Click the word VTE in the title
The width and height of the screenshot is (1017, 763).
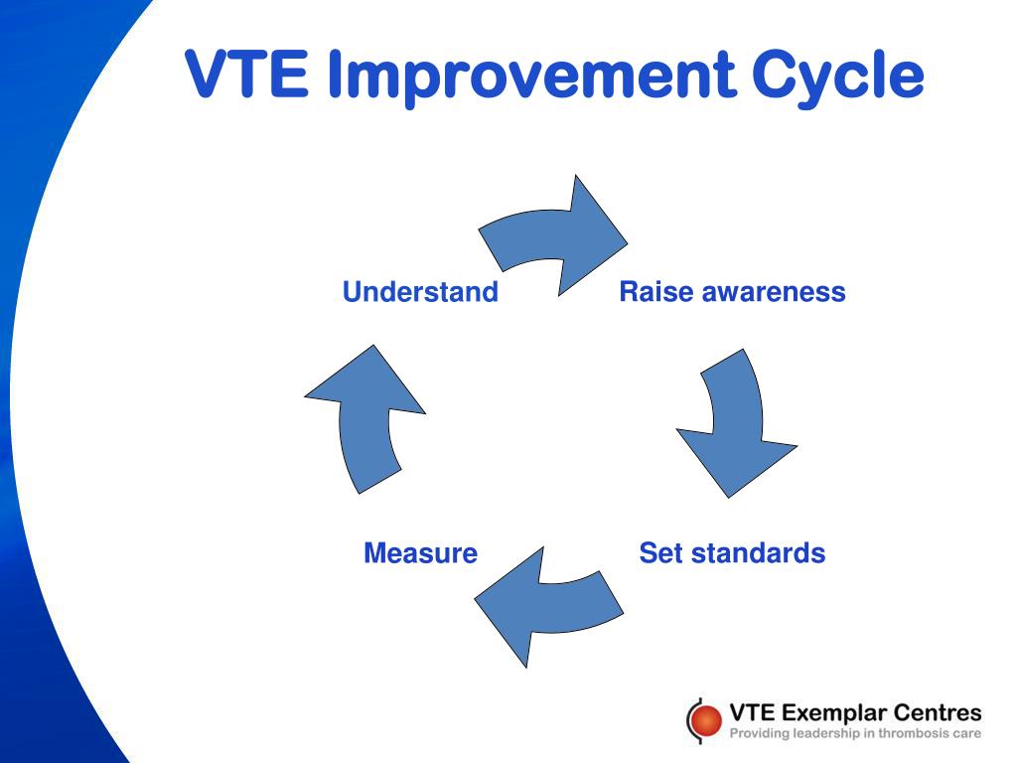246,74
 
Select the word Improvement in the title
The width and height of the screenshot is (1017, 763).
532,76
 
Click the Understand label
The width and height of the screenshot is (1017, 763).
420,291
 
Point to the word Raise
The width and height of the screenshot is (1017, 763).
656,291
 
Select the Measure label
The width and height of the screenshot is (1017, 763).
420,552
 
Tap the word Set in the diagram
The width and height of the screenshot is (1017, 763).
661,552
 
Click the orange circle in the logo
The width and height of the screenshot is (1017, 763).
705,720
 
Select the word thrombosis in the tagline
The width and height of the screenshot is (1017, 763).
912,734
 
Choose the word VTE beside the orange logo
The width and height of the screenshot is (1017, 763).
753,712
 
